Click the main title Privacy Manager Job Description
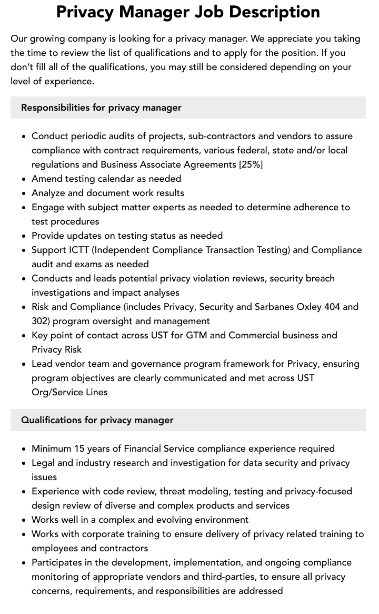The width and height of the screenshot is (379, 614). coord(188,12)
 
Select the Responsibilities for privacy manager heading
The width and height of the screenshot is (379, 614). coord(101,108)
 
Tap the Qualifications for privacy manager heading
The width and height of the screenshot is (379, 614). coord(97,420)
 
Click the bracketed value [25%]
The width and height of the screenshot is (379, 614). coord(251,164)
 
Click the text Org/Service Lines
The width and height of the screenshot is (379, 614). coord(69,392)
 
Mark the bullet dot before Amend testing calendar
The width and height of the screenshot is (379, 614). coord(24,179)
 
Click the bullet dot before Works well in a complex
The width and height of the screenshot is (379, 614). coord(24,520)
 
